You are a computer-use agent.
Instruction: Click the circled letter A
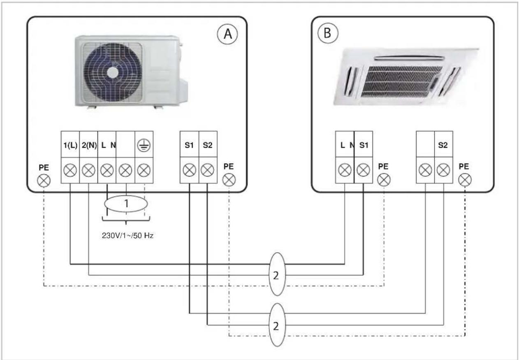(x=227, y=34)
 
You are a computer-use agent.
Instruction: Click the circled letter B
(x=328, y=33)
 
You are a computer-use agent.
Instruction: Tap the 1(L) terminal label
(x=70, y=145)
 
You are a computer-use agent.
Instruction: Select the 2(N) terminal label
(x=89, y=145)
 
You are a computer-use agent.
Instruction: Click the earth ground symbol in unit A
(x=144, y=146)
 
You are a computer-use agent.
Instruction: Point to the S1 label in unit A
(x=189, y=145)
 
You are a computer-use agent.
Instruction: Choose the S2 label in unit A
(x=207, y=145)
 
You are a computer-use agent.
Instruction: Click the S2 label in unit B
(x=443, y=145)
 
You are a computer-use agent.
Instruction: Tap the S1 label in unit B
(x=364, y=145)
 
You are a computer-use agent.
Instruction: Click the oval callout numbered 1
(x=126, y=204)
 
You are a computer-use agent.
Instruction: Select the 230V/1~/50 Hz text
(x=127, y=235)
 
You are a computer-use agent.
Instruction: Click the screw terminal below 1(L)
(x=70, y=170)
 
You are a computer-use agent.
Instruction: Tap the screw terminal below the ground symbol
(x=144, y=170)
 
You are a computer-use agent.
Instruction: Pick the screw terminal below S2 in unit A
(x=207, y=170)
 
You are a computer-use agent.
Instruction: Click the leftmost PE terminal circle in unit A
(x=44, y=181)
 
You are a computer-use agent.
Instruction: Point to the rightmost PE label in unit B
(x=464, y=167)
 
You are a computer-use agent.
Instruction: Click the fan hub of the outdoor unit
(x=113, y=72)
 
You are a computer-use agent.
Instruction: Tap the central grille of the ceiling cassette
(x=401, y=81)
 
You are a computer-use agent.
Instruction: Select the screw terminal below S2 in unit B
(x=443, y=170)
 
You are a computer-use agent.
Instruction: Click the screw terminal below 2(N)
(x=88, y=170)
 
